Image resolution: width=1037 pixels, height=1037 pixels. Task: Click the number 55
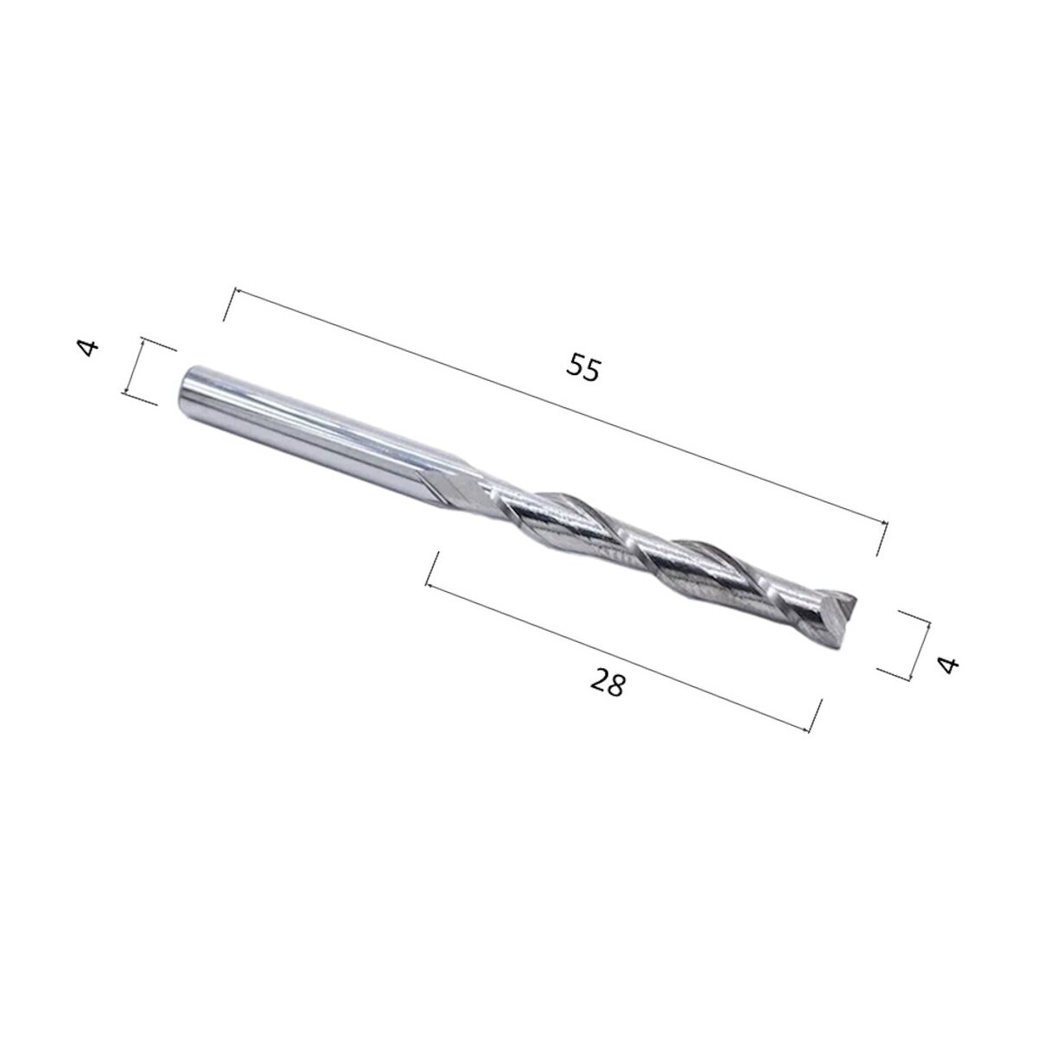(582, 368)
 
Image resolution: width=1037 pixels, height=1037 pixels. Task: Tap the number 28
(608, 684)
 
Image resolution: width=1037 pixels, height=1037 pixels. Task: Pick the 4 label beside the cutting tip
(948, 665)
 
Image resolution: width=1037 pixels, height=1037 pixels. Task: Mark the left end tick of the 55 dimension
(230, 305)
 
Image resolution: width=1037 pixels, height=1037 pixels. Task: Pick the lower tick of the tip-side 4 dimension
(894, 675)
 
